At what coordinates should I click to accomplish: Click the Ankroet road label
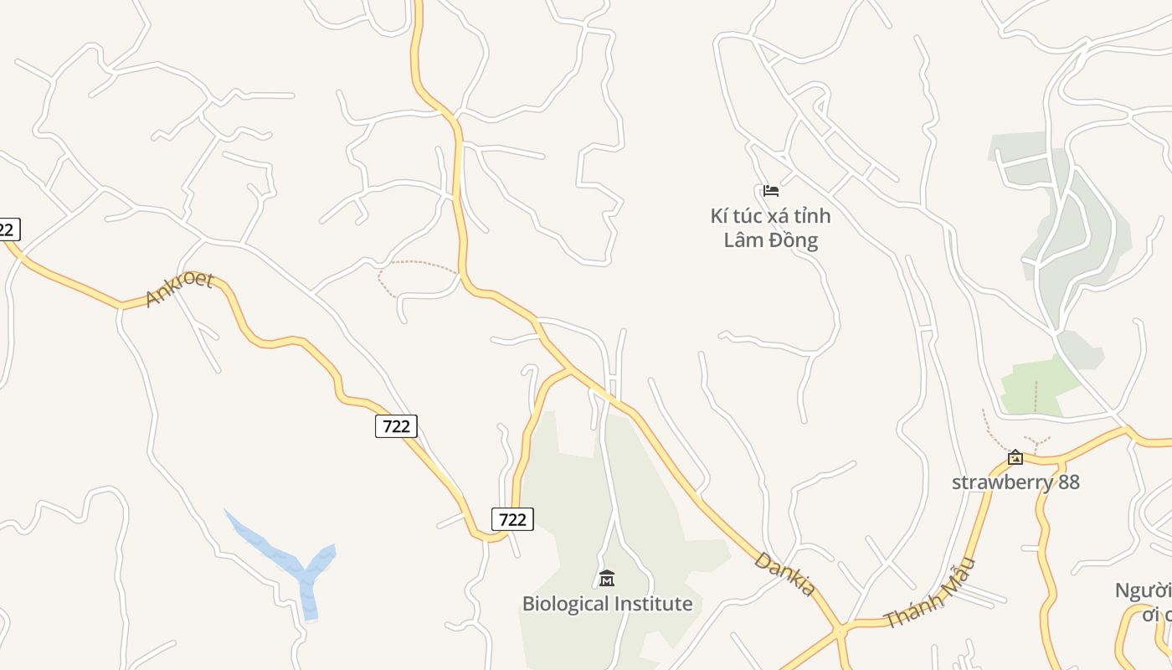(179, 290)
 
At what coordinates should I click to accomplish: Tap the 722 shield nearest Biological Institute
(512, 519)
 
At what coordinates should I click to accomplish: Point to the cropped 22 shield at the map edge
(8, 229)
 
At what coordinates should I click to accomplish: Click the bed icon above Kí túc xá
(771, 191)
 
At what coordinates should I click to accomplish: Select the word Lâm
(745, 241)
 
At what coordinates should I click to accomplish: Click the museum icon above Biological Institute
(607, 578)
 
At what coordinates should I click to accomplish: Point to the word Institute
(654, 604)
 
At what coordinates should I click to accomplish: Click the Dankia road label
(784, 574)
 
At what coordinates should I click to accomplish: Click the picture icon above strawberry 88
(1015, 457)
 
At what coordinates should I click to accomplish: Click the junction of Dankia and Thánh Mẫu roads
(839, 628)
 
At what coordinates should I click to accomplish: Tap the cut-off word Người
(1143, 590)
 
